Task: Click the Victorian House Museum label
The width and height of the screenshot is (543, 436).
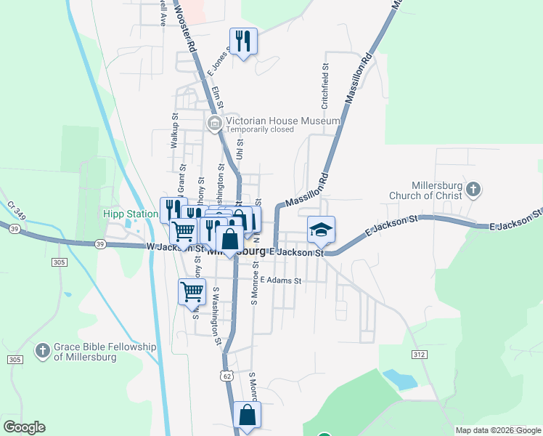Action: (x=282, y=121)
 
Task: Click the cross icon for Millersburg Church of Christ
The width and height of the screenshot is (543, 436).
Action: (x=473, y=190)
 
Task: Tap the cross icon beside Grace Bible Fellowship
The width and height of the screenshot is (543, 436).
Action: (x=43, y=351)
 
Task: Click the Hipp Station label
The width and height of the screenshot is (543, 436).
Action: (x=130, y=214)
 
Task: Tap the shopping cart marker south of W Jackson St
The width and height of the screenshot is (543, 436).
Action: (x=192, y=291)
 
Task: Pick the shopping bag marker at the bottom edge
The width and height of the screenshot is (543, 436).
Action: (x=247, y=416)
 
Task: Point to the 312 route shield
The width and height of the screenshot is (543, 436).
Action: (x=417, y=354)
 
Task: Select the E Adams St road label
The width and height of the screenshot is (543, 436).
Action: (x=280, y=280)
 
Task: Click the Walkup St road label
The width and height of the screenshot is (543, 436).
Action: (x=174, y=131)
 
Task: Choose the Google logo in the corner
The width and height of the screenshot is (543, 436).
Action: (x=24, y=427)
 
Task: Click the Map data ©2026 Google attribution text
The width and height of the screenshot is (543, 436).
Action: (x=498, y=430)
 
